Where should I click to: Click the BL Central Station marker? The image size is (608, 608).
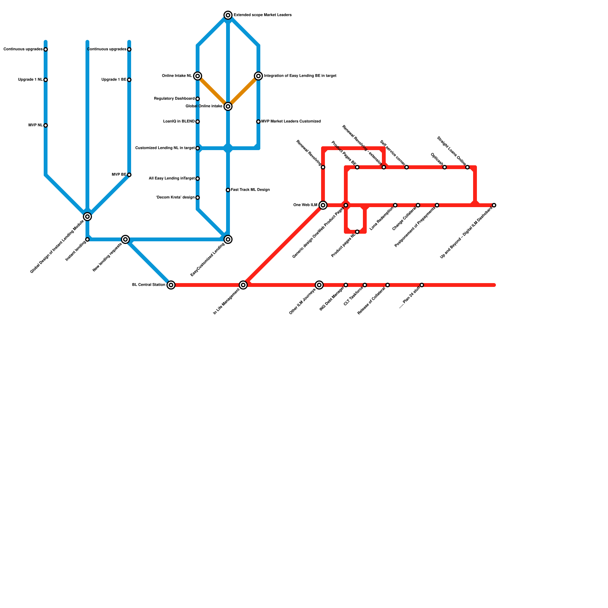171,285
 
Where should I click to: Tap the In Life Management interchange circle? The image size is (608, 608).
243,285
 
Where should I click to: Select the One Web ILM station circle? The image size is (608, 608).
323,205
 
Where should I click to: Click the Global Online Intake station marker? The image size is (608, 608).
228,106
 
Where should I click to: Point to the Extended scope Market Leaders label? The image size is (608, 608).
263,15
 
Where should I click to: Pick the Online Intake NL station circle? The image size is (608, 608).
198,76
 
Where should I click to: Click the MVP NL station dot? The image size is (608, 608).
46,125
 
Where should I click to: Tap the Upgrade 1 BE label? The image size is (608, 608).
114,80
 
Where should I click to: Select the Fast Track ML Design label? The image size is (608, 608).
250,190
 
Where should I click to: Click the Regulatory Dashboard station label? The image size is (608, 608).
174,99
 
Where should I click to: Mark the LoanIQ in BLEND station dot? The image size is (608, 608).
198,122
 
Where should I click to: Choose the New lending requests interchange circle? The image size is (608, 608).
125,239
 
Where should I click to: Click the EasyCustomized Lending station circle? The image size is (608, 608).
228,239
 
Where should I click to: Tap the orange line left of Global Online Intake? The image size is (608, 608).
213,91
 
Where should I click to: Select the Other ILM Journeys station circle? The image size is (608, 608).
319,285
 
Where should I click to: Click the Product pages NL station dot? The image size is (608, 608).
357,232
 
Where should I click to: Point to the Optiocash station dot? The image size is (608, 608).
445,167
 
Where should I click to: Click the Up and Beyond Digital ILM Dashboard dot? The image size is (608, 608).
494,205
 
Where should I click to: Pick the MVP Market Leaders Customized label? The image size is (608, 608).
291,122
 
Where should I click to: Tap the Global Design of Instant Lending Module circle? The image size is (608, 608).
87,217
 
